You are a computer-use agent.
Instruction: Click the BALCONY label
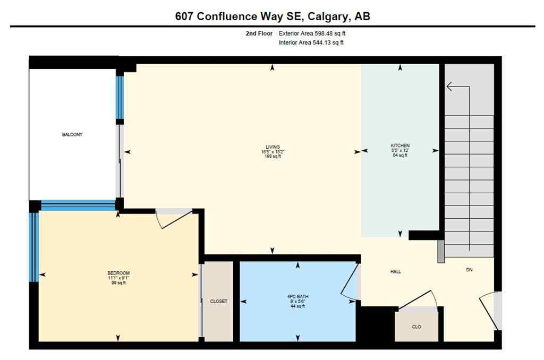(x=72, y=134)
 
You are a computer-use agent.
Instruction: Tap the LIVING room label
(x=273, y=147)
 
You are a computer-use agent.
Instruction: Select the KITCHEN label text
(x=400, y=145)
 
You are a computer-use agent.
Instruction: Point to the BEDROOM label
(x=118, y=273)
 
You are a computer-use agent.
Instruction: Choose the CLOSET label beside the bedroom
(x=218, y=301)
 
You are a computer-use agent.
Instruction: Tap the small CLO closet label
(x=416, y=327)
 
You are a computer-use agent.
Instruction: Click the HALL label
(x=395, y=272)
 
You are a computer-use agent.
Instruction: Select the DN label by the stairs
(x=469, y=270)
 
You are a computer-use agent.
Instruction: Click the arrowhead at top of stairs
(x=449, y=87)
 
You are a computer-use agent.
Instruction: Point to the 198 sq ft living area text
(x=273, y=157)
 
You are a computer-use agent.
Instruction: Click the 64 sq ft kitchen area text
(x=400, y=155)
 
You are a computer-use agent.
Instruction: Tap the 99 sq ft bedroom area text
(x=118, y=282)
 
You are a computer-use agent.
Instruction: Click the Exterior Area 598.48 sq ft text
(x=312, y=33)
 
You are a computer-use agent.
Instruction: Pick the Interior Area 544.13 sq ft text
(x=311, y=43)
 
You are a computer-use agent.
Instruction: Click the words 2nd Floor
(x=256, y=33)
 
